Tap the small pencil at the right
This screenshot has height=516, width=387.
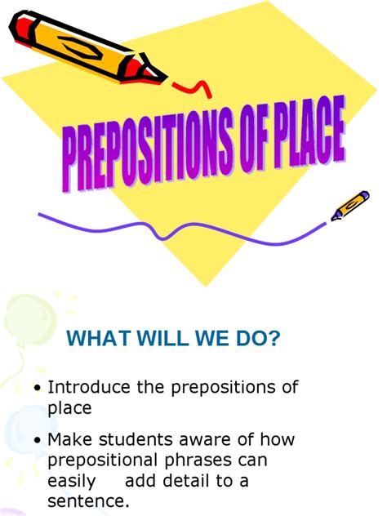click(350, 205)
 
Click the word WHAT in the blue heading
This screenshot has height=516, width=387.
click(94, 338)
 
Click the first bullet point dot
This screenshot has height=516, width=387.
click(38, 388)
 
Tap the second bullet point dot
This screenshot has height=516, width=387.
click(38, 441)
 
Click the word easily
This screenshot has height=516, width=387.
click(71, 481)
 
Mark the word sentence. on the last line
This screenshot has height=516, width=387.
click(89, 500)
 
